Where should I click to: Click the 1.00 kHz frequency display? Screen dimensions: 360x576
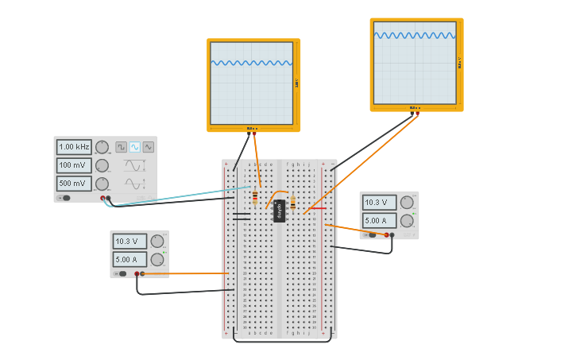[x=74, y=147]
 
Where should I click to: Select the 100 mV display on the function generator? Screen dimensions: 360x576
[x=74, y=165]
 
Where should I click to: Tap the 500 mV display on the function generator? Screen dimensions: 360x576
[x=74, y=184]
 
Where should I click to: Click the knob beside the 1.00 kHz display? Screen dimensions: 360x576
[x=102, y=147]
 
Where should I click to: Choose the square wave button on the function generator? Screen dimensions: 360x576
[x=121, y=147]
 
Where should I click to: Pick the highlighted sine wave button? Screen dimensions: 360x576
[x=134, y=147]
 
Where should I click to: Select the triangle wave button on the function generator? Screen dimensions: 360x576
[x=148, y=147]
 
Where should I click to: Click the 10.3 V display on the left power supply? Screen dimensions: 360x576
[x=129, y=241]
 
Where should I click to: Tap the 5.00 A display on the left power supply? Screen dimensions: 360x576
[x=129, y=259]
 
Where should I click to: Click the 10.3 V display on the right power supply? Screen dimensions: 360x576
[x=379, y=203]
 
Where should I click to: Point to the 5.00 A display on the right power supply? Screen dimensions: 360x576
[x=379, y=221]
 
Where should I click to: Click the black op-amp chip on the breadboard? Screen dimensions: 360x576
[x=279, y=211]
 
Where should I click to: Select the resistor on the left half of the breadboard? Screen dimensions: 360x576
[x=254, y=197]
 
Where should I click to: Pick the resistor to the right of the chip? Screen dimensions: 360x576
[x=292, y=203]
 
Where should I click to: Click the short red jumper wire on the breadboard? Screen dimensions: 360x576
[x=317, y=208]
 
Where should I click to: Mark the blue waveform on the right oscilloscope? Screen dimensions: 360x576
[x=414, y=35]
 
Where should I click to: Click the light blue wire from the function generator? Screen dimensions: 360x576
[x=175, y=196]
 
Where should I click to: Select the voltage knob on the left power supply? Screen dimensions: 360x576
[x=157, y=241]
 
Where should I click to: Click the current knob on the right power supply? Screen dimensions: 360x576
[x=407, y=221]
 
